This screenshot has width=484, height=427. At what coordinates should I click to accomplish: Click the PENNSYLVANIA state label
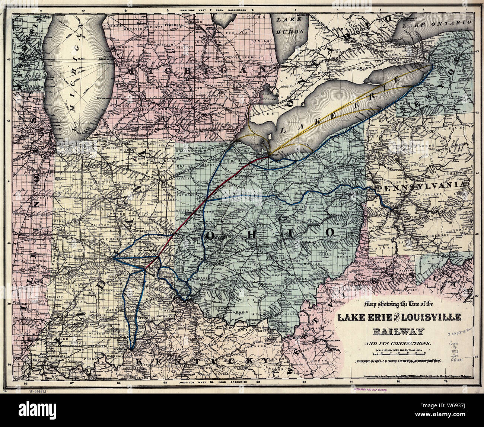421,185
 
